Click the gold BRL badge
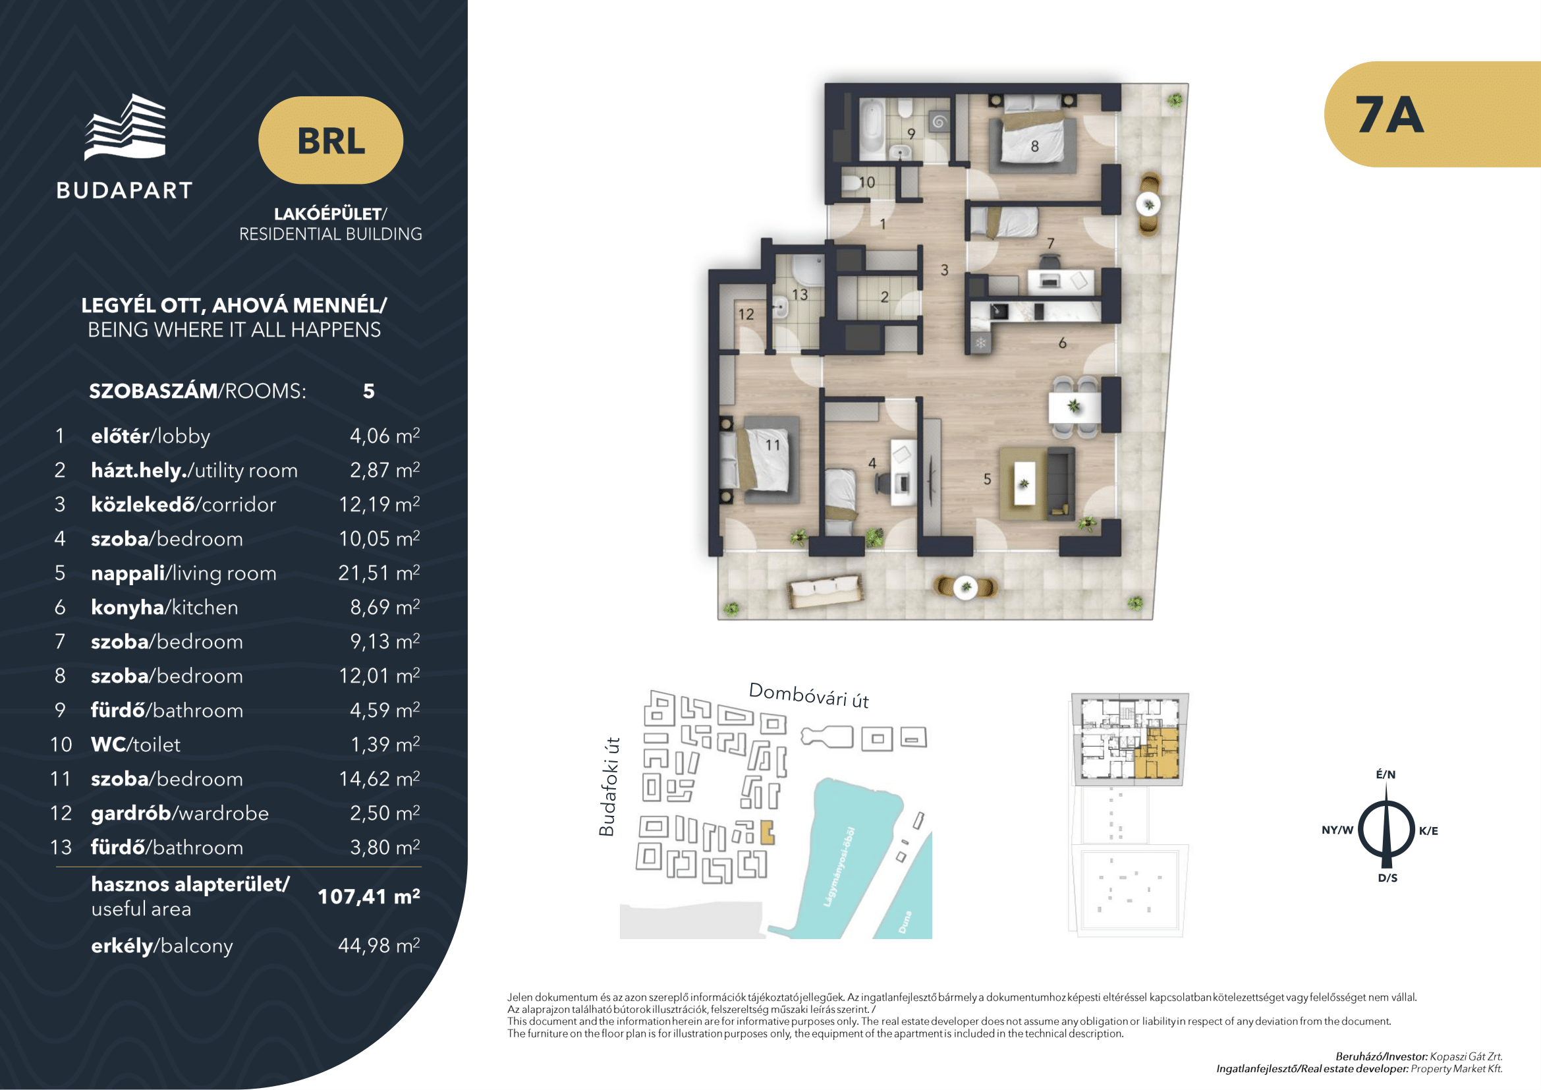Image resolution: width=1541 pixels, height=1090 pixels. (331, 140)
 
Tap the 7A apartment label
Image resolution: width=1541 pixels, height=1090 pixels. (1389, 115)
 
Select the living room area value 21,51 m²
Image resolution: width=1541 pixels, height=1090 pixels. (379, 573)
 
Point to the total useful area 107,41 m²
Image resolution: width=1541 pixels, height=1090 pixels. (368, 896)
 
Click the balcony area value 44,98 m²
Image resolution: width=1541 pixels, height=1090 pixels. (379, 945)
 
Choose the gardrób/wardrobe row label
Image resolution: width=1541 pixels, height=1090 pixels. (180, 813)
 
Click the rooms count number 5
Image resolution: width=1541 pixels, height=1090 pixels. (368, 391)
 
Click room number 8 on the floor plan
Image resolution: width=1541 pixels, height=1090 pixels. (1034, 146)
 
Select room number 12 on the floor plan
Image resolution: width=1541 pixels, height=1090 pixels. (746, 314)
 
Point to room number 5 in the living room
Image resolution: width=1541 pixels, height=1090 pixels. (987, 479)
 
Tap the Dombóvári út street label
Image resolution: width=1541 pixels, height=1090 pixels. (809, 695)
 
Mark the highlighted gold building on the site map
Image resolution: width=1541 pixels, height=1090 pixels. (767, 832)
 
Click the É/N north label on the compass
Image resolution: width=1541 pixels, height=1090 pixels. (1386, 774)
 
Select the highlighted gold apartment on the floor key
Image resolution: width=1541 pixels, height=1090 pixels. (1156, 753)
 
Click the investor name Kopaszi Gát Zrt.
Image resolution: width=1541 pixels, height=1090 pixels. (1466, 1056)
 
